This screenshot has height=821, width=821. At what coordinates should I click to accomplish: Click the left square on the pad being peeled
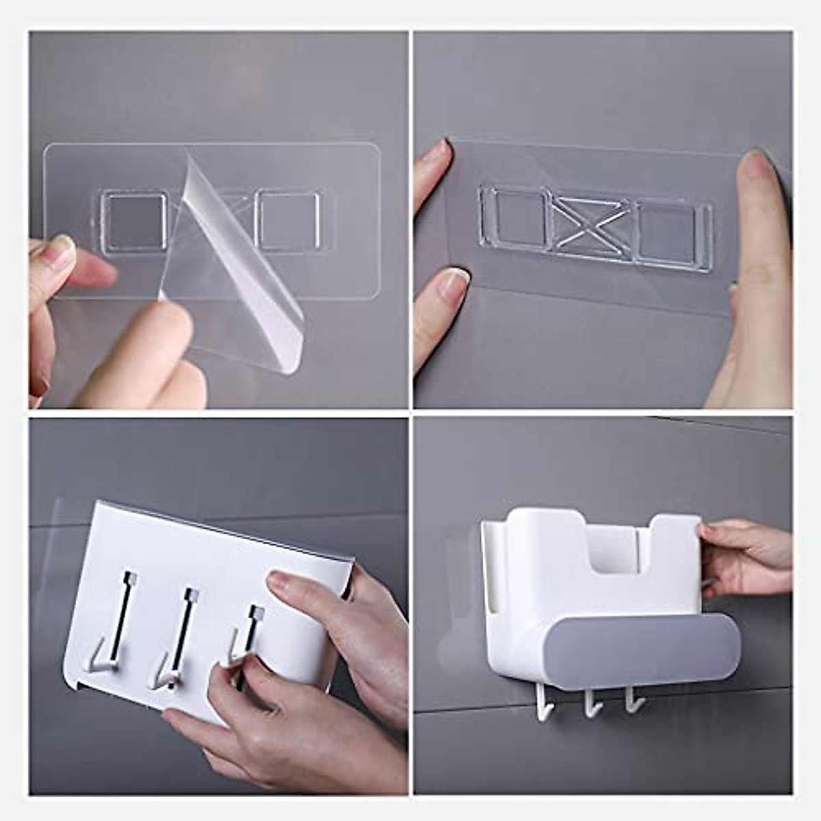(134, 223)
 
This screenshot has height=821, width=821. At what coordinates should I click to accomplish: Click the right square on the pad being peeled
(287, 221)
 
